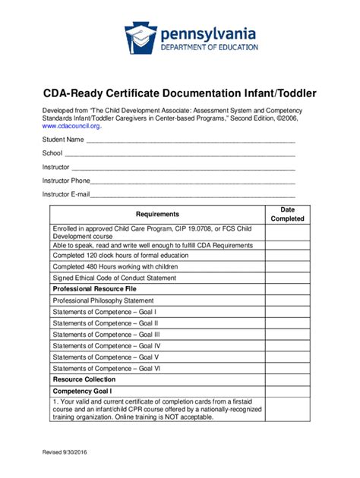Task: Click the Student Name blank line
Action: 190,140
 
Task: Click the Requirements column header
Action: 157,214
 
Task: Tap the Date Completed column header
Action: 287,214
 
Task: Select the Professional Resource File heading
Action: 94,289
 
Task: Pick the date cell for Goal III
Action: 287,334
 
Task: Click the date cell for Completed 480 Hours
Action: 287,266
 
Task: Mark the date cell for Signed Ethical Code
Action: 287,278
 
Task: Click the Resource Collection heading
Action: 84,379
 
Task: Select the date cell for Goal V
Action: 287,357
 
